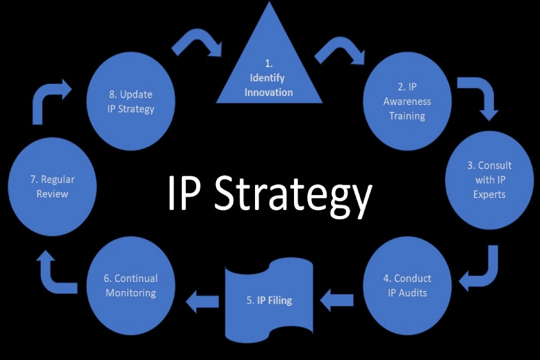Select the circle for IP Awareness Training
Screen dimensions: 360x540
click(407, 101)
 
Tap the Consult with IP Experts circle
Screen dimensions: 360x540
click(489, 179)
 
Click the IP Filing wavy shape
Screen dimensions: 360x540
click(269, 300)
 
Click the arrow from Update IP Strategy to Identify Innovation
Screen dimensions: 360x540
click(196, 44)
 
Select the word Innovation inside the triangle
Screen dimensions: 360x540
click(269, 92)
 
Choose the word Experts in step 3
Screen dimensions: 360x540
click(489, 194)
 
